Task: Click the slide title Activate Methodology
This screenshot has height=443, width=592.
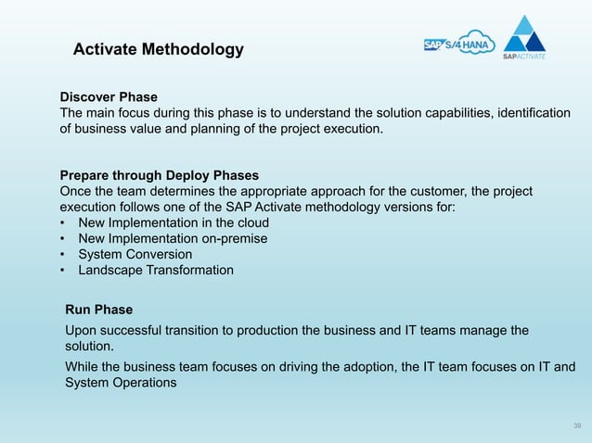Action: click(x=159, y=49)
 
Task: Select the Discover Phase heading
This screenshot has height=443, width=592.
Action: click(x=109, y=97)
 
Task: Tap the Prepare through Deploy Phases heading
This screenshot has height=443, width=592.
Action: click(x=160, y=174)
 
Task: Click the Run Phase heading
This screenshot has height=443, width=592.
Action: click(x=99, y=310)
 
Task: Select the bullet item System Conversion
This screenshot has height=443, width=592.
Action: click(x=135, y=255)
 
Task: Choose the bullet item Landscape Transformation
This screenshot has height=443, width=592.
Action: click(x=156, y=271)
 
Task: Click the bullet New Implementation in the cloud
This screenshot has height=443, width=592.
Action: click(x=174, y=223)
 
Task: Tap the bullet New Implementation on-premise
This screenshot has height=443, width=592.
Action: click(x=173, y=239)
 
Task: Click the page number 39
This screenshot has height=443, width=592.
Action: click(x=577, y=425)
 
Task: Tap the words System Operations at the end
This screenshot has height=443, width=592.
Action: click(x=121, y=383)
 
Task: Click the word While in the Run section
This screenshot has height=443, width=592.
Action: click(x=83, y=366)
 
